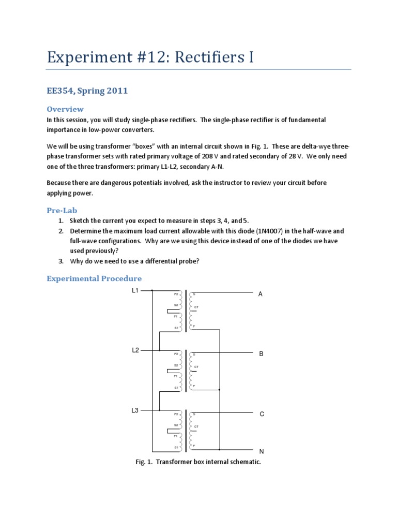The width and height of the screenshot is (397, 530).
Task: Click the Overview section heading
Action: coord(65,109)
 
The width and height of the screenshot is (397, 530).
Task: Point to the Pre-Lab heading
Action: coord(62,211)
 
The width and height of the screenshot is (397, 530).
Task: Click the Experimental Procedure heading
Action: coord(94,278)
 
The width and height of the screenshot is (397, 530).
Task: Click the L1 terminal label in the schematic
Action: coord(135,290)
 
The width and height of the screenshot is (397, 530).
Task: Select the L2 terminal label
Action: coord(135,350)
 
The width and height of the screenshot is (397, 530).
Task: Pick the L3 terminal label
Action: coord(135,410)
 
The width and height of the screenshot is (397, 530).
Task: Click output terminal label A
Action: coord(261,294)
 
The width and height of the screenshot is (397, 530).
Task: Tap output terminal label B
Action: coord(261,354)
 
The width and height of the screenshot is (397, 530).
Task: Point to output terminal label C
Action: coord(262,414)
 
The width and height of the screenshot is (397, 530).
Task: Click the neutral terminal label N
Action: coord(262,451)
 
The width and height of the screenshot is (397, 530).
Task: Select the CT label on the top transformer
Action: coord(196,307)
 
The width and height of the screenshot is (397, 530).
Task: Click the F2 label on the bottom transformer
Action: coord(176,414)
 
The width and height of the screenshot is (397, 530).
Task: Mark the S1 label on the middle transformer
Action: coord(176,388)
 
